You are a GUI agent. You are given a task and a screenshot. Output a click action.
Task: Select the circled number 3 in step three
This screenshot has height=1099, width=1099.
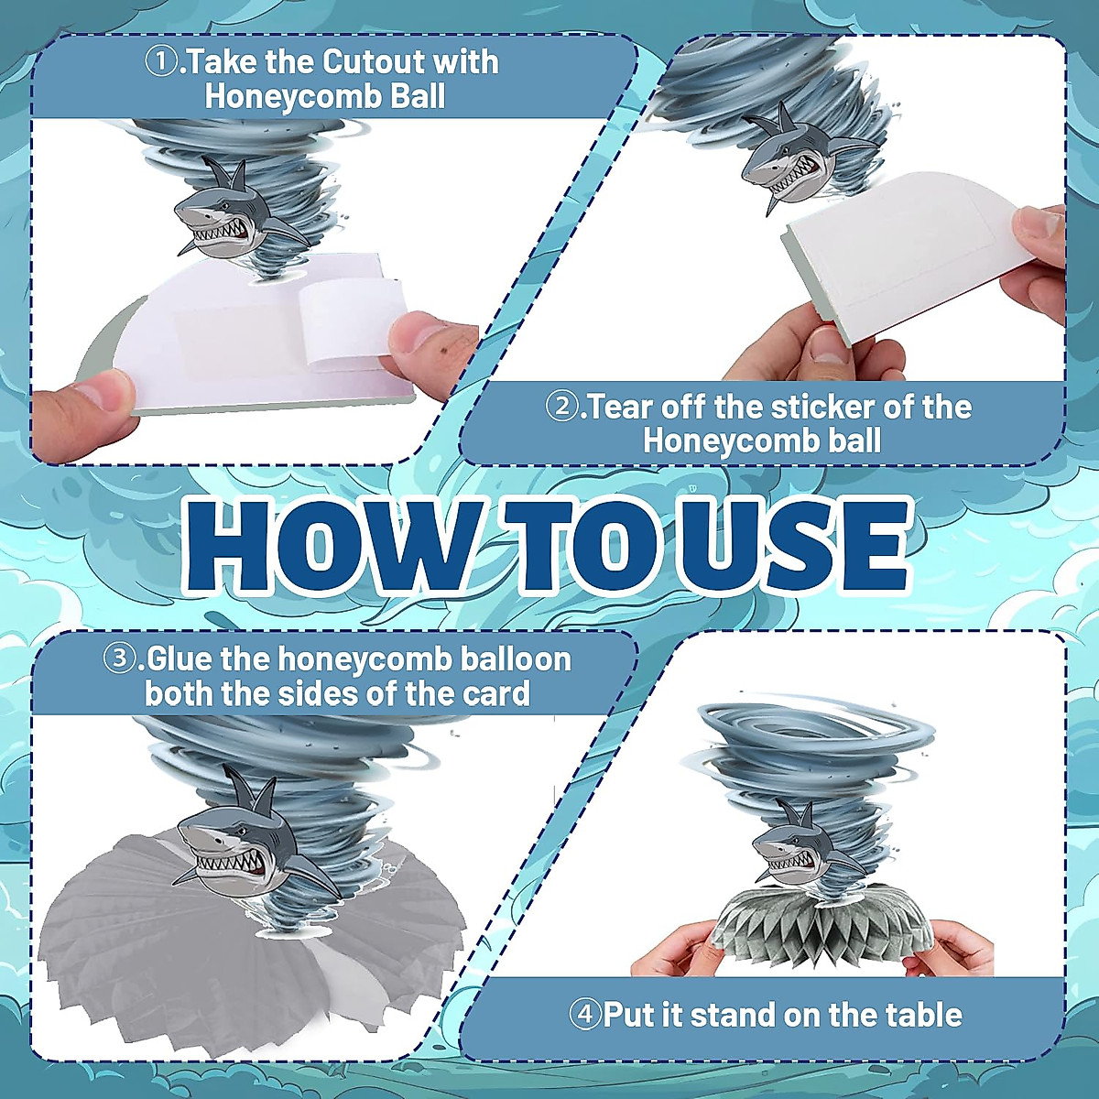120,659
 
